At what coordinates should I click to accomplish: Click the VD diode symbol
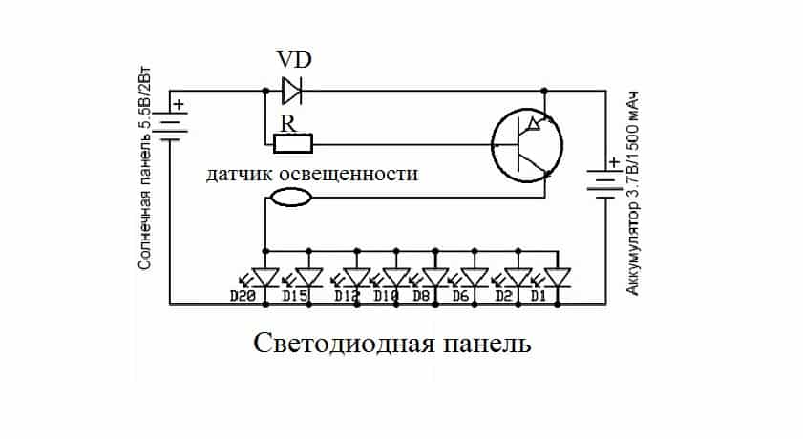click(x=292, y=92)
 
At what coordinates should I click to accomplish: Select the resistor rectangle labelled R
click(x=293, y=145)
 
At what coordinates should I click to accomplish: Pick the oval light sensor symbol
click(x=290, y=198)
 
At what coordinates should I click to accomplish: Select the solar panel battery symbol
click(x=169, y=125)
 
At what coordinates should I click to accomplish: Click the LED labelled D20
click(x=264, y=277)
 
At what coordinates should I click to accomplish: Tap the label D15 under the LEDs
click(x=294, y=296)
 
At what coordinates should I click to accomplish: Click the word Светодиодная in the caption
click(x=333, y=343)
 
